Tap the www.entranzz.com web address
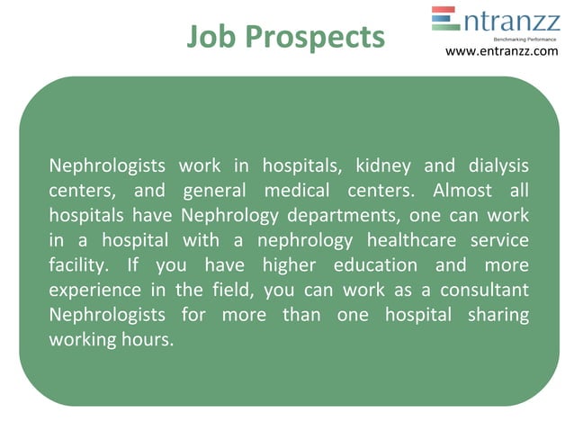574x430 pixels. [x=501, y=51]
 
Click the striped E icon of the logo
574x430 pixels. [x=444, y=19]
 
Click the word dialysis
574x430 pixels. [x=498, y=166]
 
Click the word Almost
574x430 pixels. [x=462, y=191]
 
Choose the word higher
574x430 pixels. [x=283, y=266]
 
